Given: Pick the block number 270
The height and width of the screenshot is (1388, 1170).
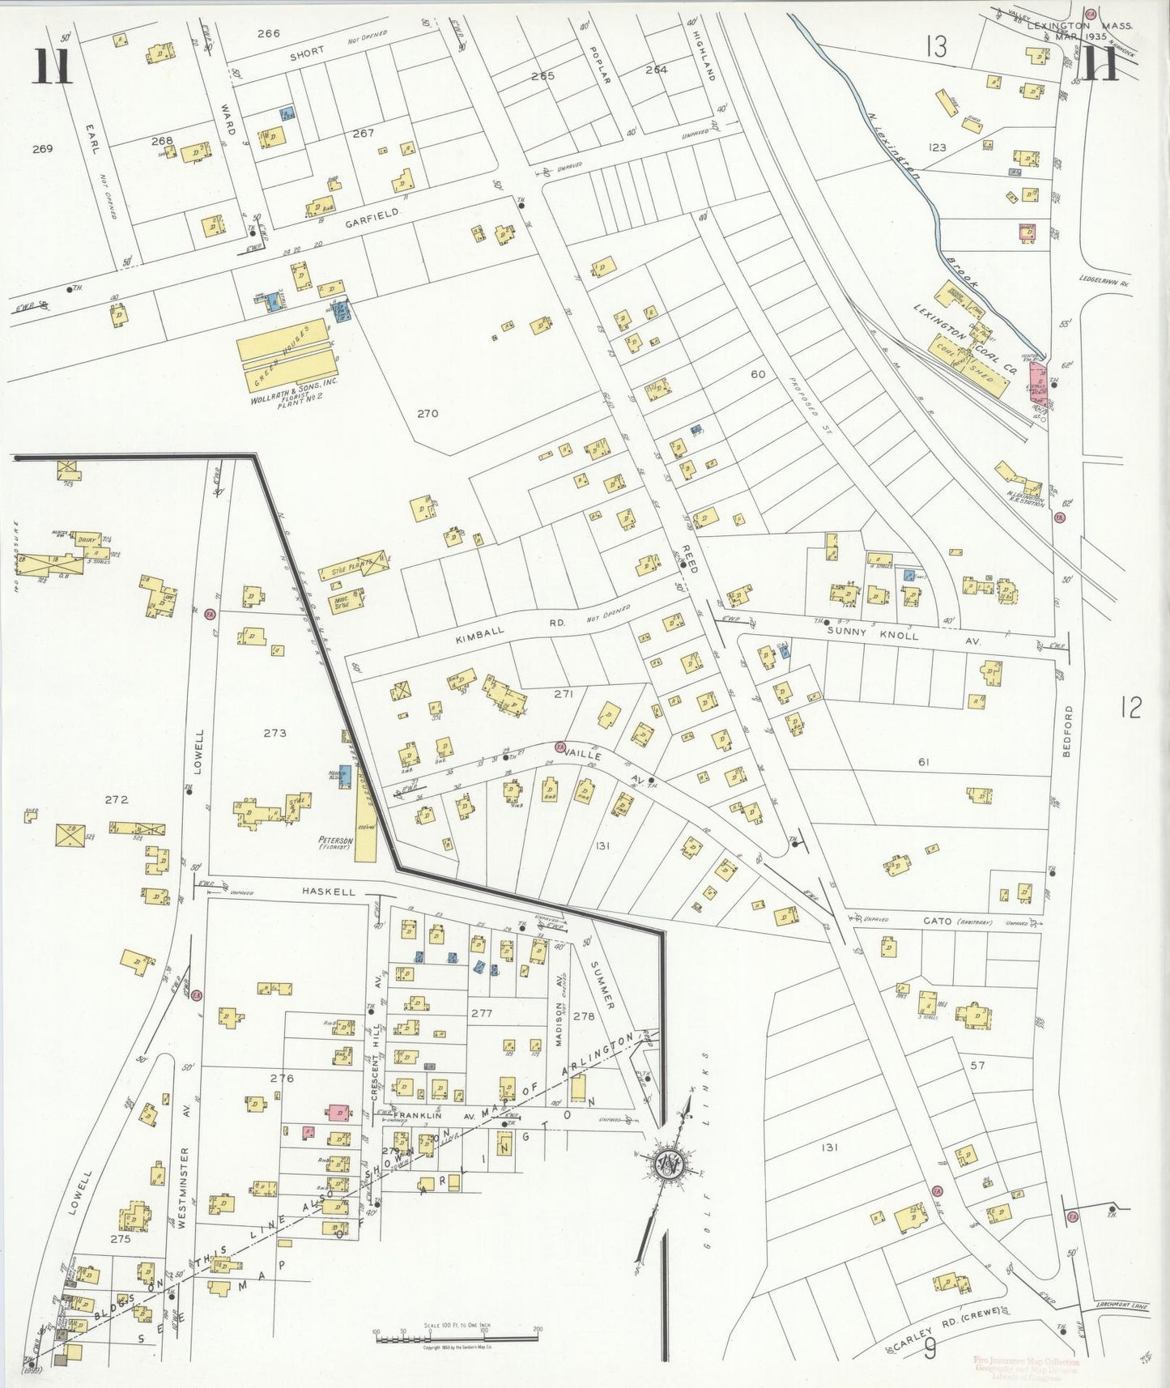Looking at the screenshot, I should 428,414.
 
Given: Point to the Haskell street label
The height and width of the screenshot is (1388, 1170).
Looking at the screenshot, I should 329,892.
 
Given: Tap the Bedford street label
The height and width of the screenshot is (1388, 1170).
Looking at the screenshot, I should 1066,731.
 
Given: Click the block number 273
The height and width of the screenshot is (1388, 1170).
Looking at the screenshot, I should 274,733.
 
